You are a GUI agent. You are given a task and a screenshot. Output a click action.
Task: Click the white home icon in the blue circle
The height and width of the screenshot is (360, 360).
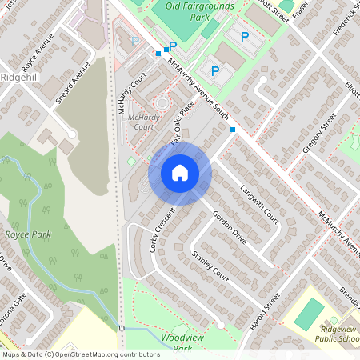coord(180,172)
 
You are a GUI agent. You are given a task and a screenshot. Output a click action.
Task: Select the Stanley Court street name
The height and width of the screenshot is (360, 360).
coord(210,267)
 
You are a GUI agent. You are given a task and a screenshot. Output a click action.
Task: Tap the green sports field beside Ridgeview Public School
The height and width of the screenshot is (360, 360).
coord(309,314)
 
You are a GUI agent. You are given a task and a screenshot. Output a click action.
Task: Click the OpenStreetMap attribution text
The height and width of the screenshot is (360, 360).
coord(81,354)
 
